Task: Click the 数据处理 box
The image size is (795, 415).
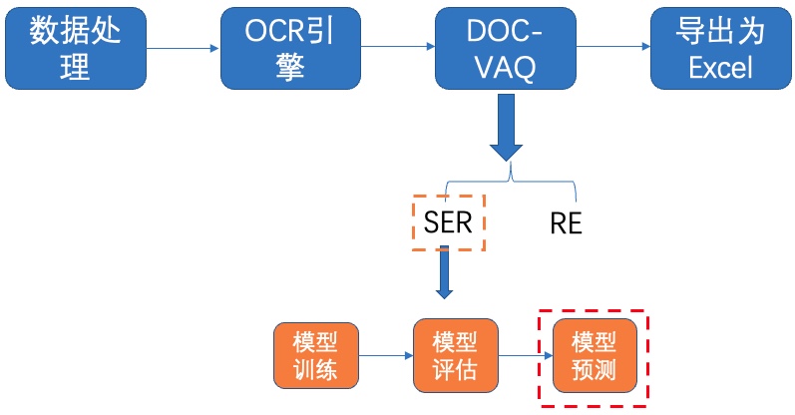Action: tap(76, 48)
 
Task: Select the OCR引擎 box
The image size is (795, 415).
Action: tap(290, 48)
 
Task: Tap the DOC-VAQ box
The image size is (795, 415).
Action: tap(506, 48)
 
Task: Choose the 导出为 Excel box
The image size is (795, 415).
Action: tap(721, 48)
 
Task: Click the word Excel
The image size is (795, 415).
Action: tap(720, 68)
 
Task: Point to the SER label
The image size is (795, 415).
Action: tap(448, 222)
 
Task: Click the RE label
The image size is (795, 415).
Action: tap(566, 223)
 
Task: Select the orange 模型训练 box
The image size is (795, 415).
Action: tap(316, 355)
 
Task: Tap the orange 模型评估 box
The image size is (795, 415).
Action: tap(455, 355)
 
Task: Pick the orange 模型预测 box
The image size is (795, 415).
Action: tap(595, 355)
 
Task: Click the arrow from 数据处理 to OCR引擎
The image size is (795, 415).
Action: tap(183, 48)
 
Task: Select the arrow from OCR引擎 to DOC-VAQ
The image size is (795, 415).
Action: tap(398, 47)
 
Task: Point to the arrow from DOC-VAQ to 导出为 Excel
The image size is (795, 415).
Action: tap(613, 47)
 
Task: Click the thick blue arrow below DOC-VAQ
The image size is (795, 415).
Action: tap(506, 128)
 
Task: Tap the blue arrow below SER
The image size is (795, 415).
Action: tap(444, 272)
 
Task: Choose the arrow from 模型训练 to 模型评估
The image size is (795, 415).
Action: tap(386, 355)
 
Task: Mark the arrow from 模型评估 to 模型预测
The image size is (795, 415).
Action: tap(526, 355)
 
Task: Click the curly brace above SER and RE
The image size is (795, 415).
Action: tap(511, 180)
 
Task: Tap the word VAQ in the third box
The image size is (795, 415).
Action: tap(506, 68)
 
